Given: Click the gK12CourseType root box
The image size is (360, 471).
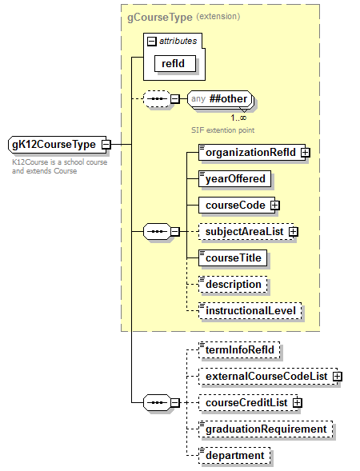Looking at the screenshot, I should [52, 145].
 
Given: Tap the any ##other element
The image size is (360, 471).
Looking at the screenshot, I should [220, 99].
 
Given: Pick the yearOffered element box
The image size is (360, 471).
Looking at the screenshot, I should [235, 178].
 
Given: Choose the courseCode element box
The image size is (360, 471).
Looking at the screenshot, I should [234, 205].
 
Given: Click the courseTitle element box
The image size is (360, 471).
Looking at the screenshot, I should [233, 258].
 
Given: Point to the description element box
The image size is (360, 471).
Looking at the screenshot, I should [233, 284].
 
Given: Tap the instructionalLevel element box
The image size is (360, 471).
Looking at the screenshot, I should [251, 310].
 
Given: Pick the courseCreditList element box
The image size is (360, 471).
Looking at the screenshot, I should [244, 402].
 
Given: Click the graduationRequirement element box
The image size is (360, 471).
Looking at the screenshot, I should [266, 429].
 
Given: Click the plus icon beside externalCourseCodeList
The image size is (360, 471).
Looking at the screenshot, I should [337, 376].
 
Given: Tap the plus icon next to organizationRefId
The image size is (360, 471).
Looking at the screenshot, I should [305, 152].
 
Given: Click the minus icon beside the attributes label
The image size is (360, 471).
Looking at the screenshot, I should [151, 39].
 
